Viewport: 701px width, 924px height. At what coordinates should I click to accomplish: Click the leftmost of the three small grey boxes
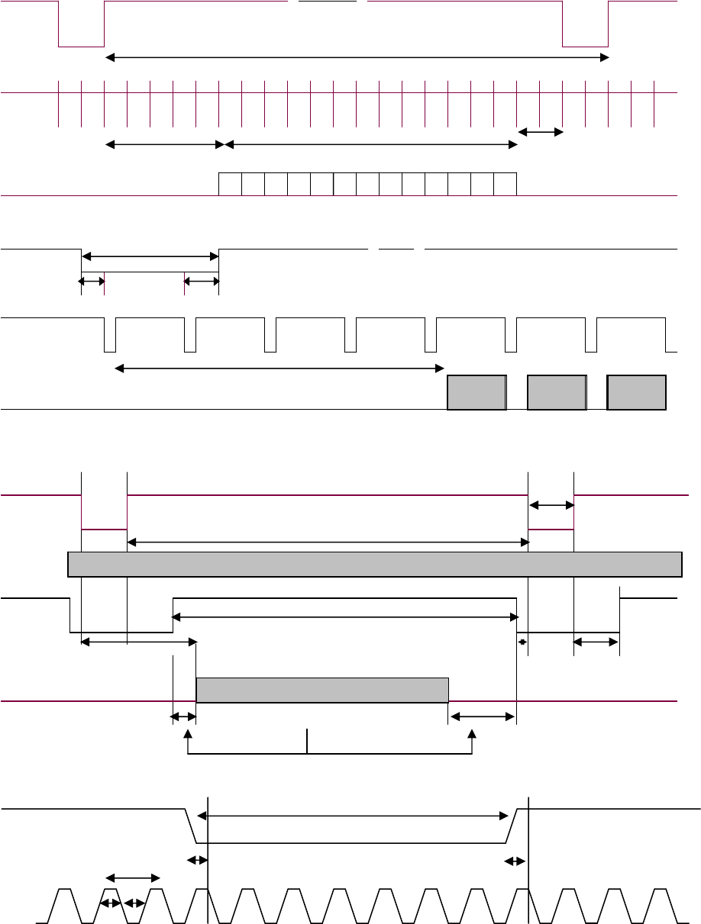coord(476,392)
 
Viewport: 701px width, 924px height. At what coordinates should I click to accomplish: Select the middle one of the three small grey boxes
coord(557,392)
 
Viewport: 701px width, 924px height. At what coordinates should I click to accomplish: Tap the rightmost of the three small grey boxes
coord(637,392)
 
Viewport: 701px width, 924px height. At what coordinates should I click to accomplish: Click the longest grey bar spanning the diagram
coord(374,564)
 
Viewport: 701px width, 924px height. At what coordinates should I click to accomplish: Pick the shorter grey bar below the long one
coord(322,690)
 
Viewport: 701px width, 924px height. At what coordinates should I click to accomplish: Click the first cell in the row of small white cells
coord(230,184)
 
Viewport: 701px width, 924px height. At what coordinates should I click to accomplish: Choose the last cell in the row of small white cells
coord(506,184)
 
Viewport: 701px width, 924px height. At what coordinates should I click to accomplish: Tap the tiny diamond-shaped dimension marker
coord(522,642)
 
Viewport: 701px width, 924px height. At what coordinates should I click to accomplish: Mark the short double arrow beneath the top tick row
coord(541,132)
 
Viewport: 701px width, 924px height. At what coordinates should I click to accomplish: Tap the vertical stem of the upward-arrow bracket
coord(308,741)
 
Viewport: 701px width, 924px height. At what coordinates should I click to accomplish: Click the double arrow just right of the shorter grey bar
coord(483,716)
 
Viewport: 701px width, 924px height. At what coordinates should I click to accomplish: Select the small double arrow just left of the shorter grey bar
coord(183,716)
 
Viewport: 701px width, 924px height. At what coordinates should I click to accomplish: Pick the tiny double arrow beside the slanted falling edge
coord(198,860)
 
